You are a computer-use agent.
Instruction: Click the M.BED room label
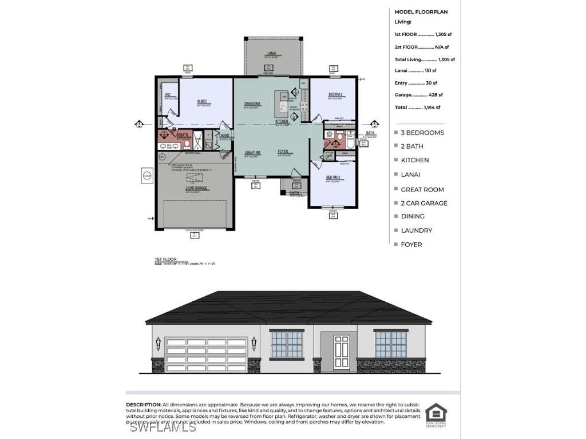pyautogui.click(x=201, y=101)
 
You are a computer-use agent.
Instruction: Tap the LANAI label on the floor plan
pyautogui.click(x=271, y=53)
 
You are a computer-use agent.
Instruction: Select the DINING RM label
pyautogui.click(x=252, y=103)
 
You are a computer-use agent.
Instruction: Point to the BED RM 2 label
pyautogui.click(x=335, y=94)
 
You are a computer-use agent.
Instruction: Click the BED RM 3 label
pyautogui.click(x=333, y=178)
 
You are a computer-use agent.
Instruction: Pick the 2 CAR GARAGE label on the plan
pyautogui.click(x=196, y=188)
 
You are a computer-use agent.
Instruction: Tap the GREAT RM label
pyautogui.click(x=253, y=153)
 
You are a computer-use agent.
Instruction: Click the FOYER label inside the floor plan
pyautogui.click(x=283, y=152)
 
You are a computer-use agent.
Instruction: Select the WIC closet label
pyautogui.click(x=168, y=95)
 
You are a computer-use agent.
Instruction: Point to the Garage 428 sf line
pyautogui.click(x=418, y=95)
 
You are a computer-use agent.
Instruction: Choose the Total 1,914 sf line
pyautogui.click(x=417, y=107)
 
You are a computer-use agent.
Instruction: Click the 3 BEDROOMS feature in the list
pyautogui.click(x=422, y=133)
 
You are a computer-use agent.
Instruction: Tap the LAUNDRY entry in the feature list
pyautogui.click(x=416, y=230)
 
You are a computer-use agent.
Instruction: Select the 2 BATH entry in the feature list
pyautogui.click(x=412, y=146)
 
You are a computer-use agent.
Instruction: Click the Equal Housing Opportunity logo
pyautogui.click(x=436, y=415)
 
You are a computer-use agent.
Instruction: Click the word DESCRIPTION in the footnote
pyautogui.click(x=144, y=405)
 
